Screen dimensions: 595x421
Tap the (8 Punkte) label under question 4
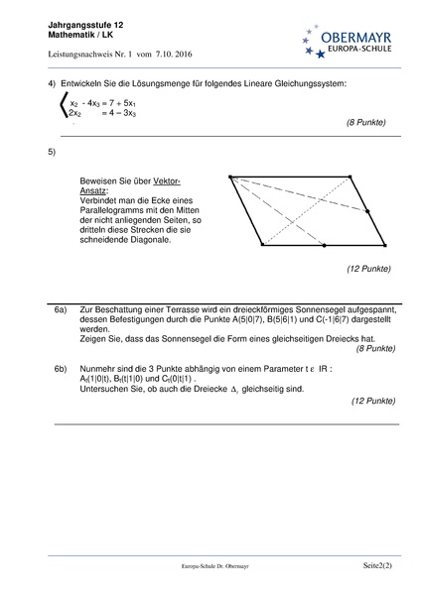pos(365,123)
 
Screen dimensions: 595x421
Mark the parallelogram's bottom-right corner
pos(384,244)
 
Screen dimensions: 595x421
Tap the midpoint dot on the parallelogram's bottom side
pos(324,244)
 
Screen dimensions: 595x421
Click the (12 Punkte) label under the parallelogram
pos(367,268)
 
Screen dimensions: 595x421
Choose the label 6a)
pos(61,310)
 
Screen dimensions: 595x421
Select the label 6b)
pos(61,367)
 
